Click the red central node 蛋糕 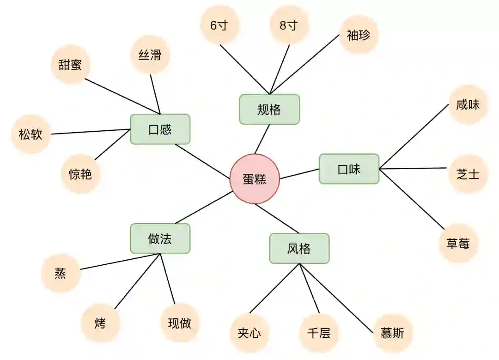coord(255,179)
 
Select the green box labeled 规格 coord(269,110)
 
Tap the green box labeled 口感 coord(160,129)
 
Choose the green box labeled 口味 coord(349,169)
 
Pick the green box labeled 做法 coord(160,238)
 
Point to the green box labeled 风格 coord(299,249)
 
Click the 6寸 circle coord(219,25)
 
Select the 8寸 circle coord(289,25)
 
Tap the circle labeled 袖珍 coord(359,35)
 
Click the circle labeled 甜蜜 coord(70,65)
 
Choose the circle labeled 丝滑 coord(150,55)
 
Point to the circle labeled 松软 coord(30,134)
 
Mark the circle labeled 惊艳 coord(80,174)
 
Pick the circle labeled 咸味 coord(468,104)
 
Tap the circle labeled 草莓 coord(458,244)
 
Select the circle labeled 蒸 coord(61,274)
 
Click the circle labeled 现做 coord(180,323)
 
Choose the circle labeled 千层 coord(319,333)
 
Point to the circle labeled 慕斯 coord(392,333)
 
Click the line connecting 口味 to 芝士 coord(414,169)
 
